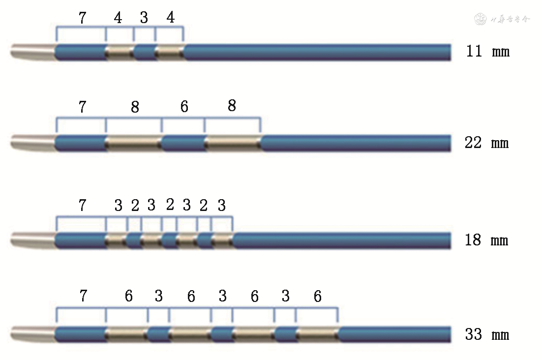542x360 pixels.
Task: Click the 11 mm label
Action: pos(487,51)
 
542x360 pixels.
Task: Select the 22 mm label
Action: pos(486,143)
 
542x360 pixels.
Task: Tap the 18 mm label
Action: pos(486,240)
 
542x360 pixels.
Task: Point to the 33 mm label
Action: pos(486,335)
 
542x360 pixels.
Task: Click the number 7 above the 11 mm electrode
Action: pos(82,18)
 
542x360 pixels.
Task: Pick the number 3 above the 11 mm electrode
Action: pos(144,19)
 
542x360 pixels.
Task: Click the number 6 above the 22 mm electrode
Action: pos(184,107)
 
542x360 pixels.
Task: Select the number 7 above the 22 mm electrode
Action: pos(82,107)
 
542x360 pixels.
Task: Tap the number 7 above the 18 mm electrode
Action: pos(82,206)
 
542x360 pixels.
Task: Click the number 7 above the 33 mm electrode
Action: pos(83,296)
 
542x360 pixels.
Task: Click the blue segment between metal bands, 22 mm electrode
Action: pos(183,143)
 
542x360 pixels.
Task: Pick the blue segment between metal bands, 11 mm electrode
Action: pos(145,52)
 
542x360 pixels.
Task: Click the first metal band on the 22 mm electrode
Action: pos(134,143)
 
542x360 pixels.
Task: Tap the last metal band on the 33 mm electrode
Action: pos(317,334)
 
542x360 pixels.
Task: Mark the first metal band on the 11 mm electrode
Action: pos(120,52)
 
